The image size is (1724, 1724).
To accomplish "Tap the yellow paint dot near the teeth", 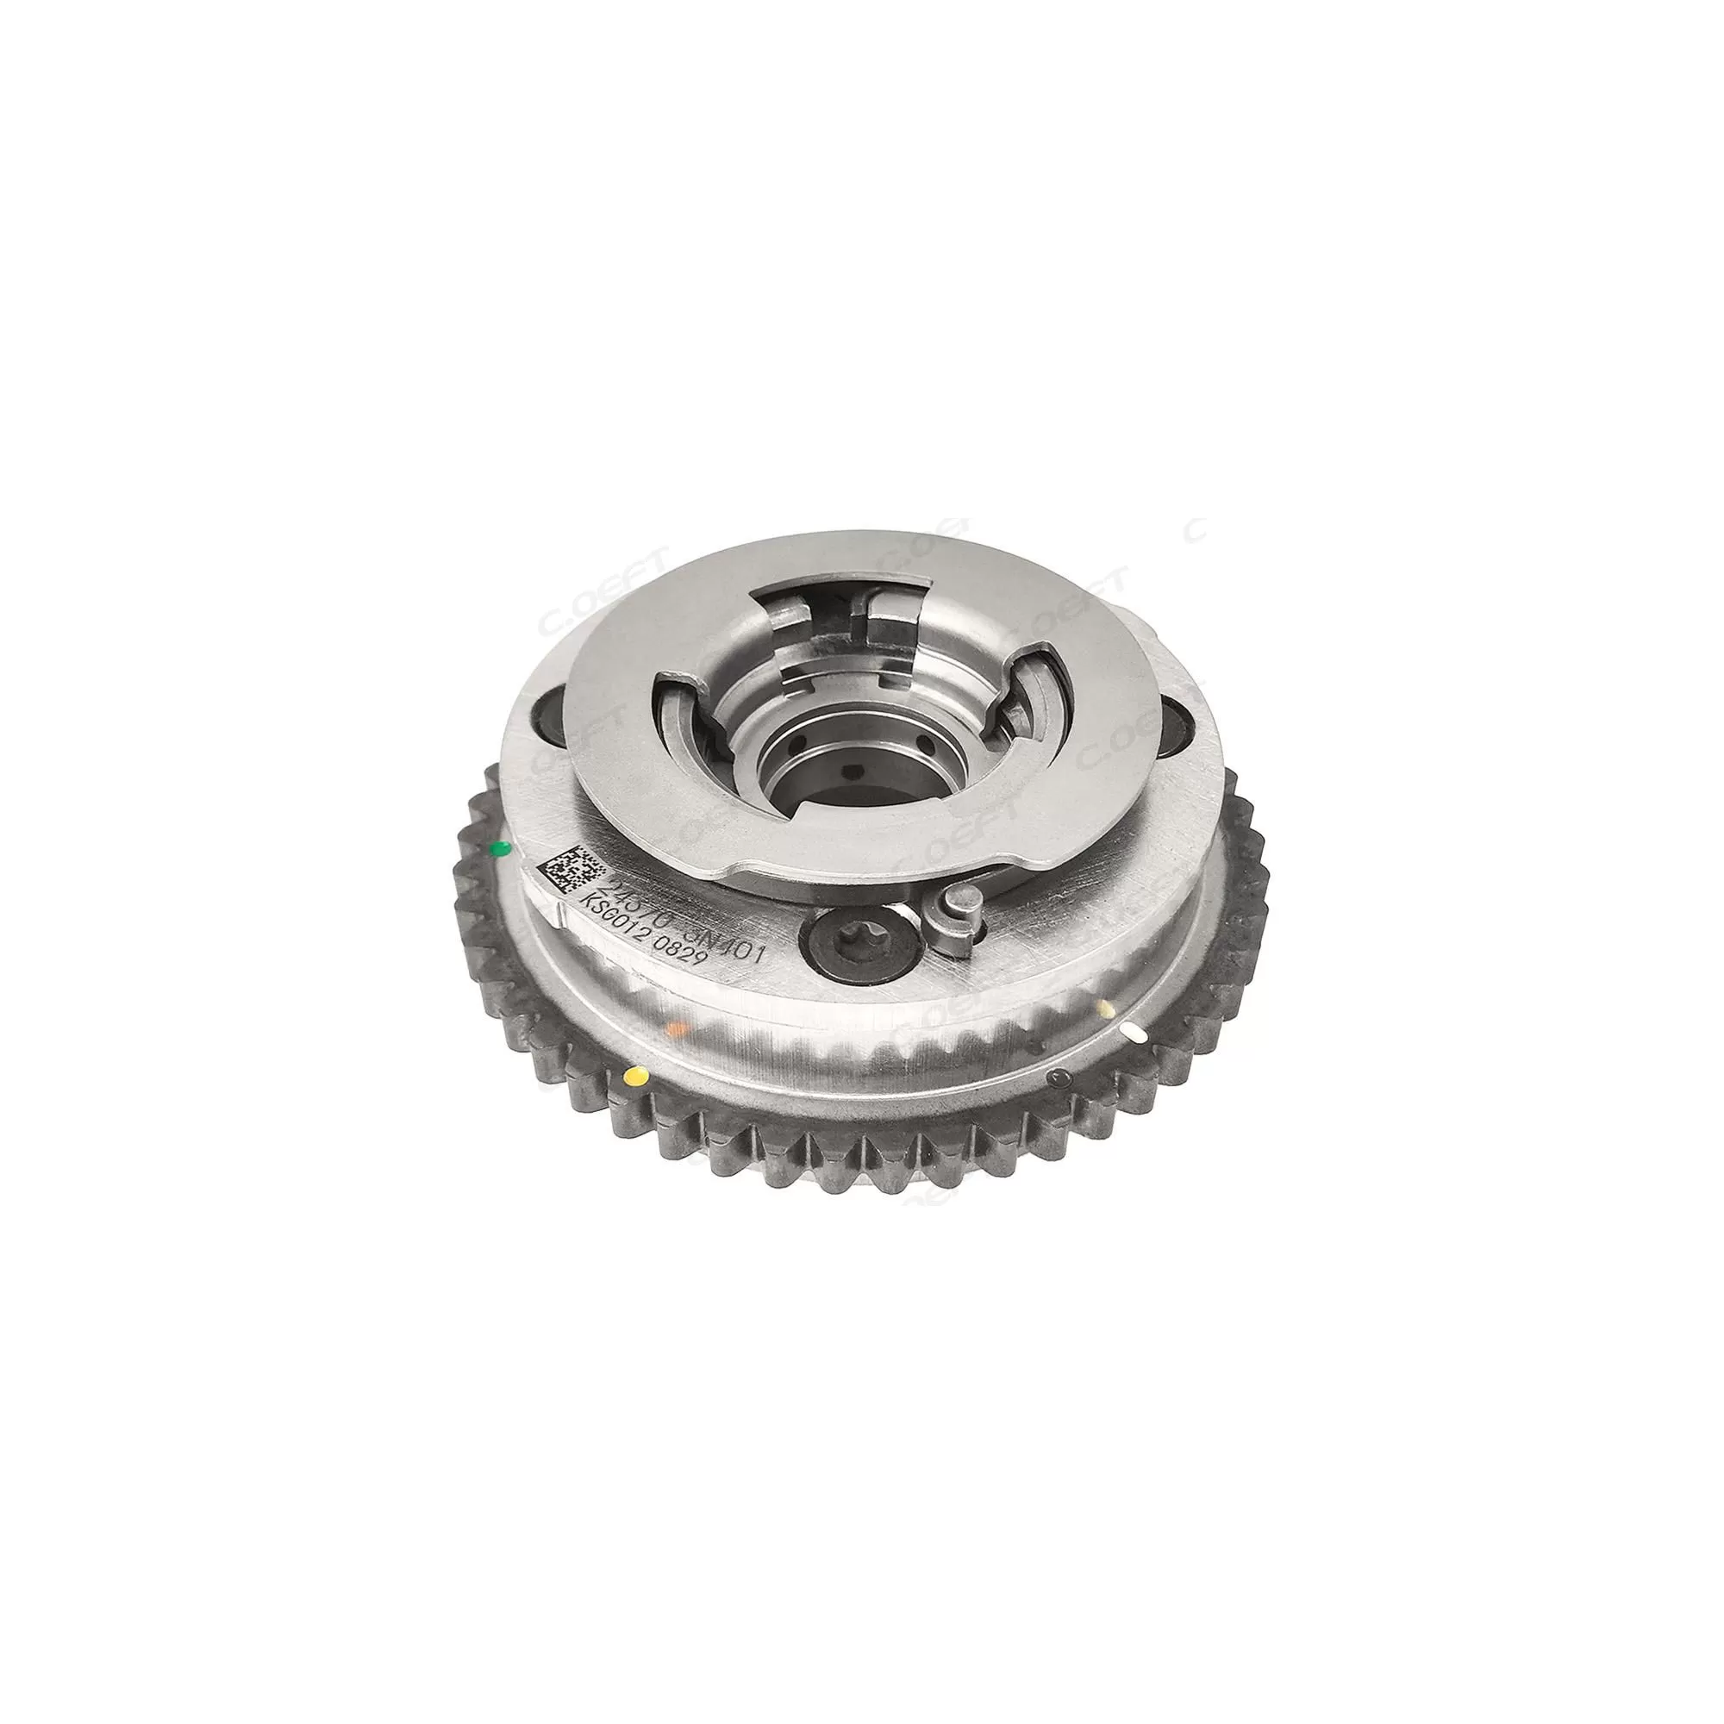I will (x=634, y=1075).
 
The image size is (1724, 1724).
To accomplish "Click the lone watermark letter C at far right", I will (x=1197, y=528).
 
